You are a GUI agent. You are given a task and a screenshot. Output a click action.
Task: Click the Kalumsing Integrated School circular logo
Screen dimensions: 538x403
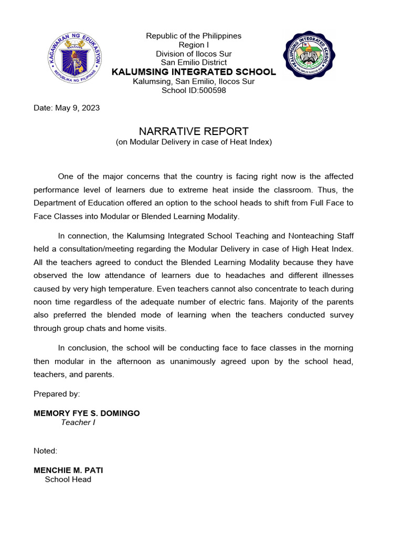click(310, 55)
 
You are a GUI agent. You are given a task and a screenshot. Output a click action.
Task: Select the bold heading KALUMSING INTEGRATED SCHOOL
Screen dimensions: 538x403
click(194, 72)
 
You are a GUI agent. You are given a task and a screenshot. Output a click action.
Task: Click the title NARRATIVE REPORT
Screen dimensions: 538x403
click(194, 131)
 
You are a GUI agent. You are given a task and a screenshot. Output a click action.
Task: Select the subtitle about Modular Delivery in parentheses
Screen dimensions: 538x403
click(194, 142)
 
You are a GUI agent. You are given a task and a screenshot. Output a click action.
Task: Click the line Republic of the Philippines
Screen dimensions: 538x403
click(194, 36)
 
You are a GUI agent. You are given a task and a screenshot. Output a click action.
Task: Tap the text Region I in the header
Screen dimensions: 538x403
click(194, 45)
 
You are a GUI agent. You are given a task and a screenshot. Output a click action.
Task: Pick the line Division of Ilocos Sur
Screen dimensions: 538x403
click(194, 54)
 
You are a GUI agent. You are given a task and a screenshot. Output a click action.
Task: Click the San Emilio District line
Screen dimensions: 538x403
click(194, 63)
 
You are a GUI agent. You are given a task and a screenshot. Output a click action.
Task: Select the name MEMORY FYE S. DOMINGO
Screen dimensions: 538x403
click(87, 413)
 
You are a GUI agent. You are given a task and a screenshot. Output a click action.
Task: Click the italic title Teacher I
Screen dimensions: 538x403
click(78, 422)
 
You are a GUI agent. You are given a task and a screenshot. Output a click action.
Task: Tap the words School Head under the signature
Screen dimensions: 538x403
click(68, 479)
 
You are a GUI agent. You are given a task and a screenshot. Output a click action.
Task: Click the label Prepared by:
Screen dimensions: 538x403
click(57, 394)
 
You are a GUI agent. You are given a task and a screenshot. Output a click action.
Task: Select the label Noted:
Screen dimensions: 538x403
click(46, 451)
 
